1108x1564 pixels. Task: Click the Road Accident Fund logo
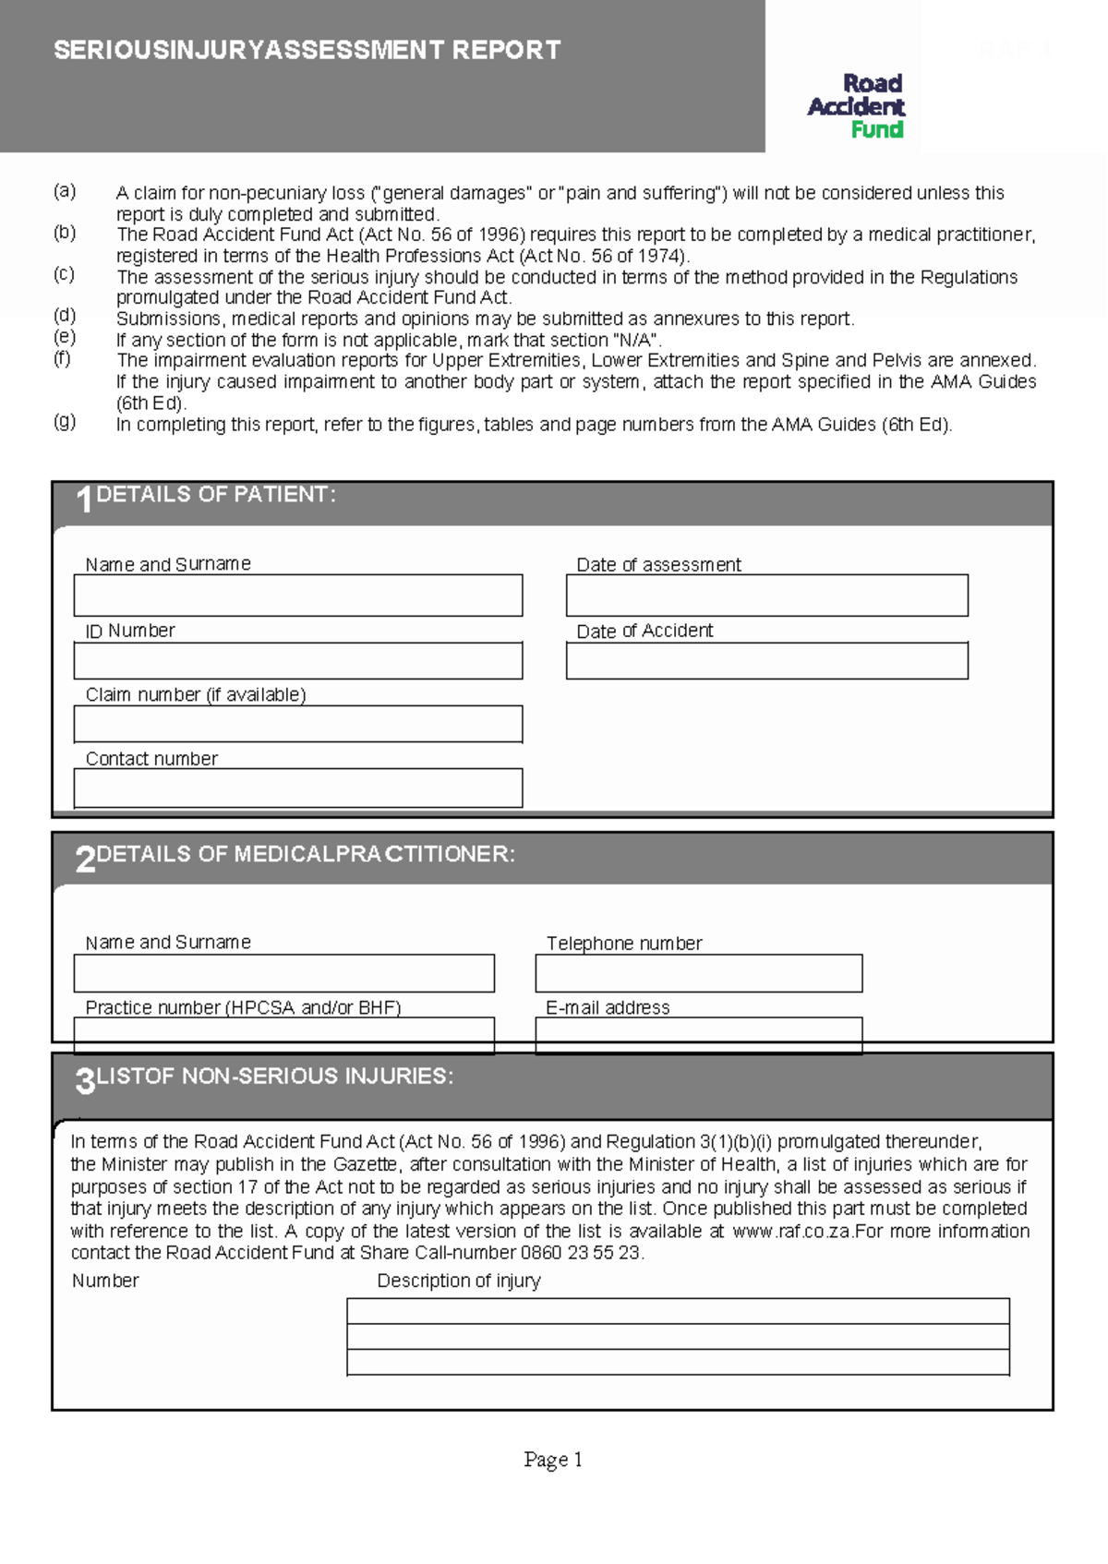[856, 106]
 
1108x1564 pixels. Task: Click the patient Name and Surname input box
[297, 596]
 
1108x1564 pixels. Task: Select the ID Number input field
[297, 661]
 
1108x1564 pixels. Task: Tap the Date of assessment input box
[766, 596]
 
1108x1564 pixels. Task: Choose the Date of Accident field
[766, 661]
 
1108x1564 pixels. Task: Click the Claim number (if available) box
[297, 724]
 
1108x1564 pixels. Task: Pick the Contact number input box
[297, 788]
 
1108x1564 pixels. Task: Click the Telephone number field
[698, 973]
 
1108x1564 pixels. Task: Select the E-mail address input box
[698, 1035]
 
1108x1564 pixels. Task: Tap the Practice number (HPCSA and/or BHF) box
[283, 1035]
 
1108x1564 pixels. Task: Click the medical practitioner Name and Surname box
[283, 973]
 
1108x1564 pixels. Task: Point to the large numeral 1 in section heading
[84, 500]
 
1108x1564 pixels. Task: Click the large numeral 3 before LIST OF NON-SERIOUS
[84, 1080]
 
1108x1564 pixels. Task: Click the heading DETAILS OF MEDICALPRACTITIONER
[305, 854]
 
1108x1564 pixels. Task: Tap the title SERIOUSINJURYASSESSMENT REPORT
[307, 50]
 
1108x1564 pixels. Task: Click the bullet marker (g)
[64, 422]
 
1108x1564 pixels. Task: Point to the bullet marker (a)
[64, 191]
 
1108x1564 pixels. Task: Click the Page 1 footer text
[552, 1460]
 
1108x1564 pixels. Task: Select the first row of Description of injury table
[678, 1311]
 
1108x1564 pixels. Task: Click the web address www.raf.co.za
[792, 1232]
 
